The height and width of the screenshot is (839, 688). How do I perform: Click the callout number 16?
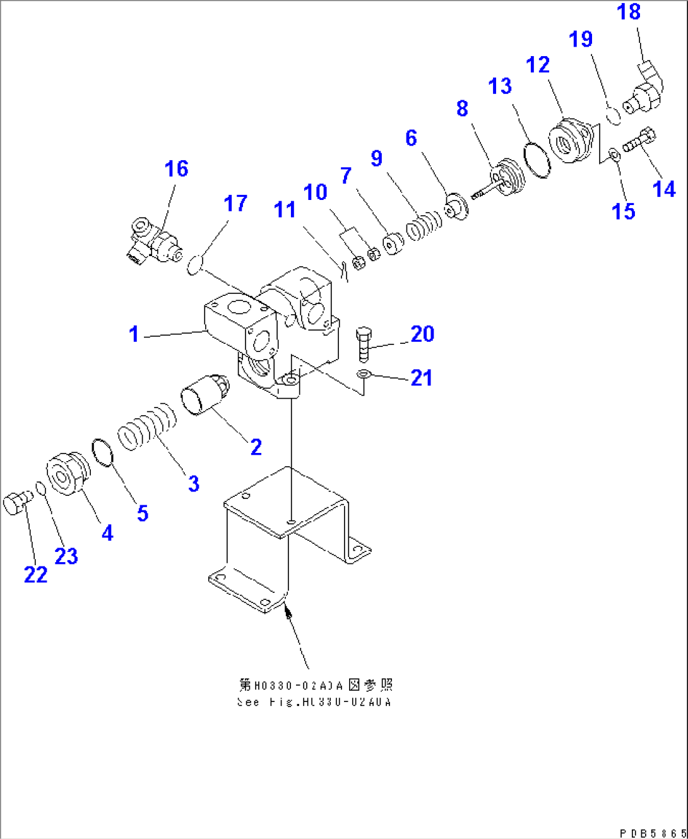coord(176,168)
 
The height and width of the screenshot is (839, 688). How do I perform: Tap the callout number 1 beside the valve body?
coord(134,334)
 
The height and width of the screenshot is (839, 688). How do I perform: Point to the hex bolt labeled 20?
coord(364,344)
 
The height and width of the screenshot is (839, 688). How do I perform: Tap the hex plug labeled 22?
coord(15,504)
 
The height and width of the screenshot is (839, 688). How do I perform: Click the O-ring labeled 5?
coord(102,452)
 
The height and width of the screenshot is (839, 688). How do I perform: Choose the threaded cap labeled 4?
coord(64,474)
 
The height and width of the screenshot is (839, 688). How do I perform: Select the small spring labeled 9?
coord(424,225)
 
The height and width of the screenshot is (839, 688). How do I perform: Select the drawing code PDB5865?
coord(652,833)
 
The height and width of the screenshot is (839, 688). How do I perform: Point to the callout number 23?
coord(66,556)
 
